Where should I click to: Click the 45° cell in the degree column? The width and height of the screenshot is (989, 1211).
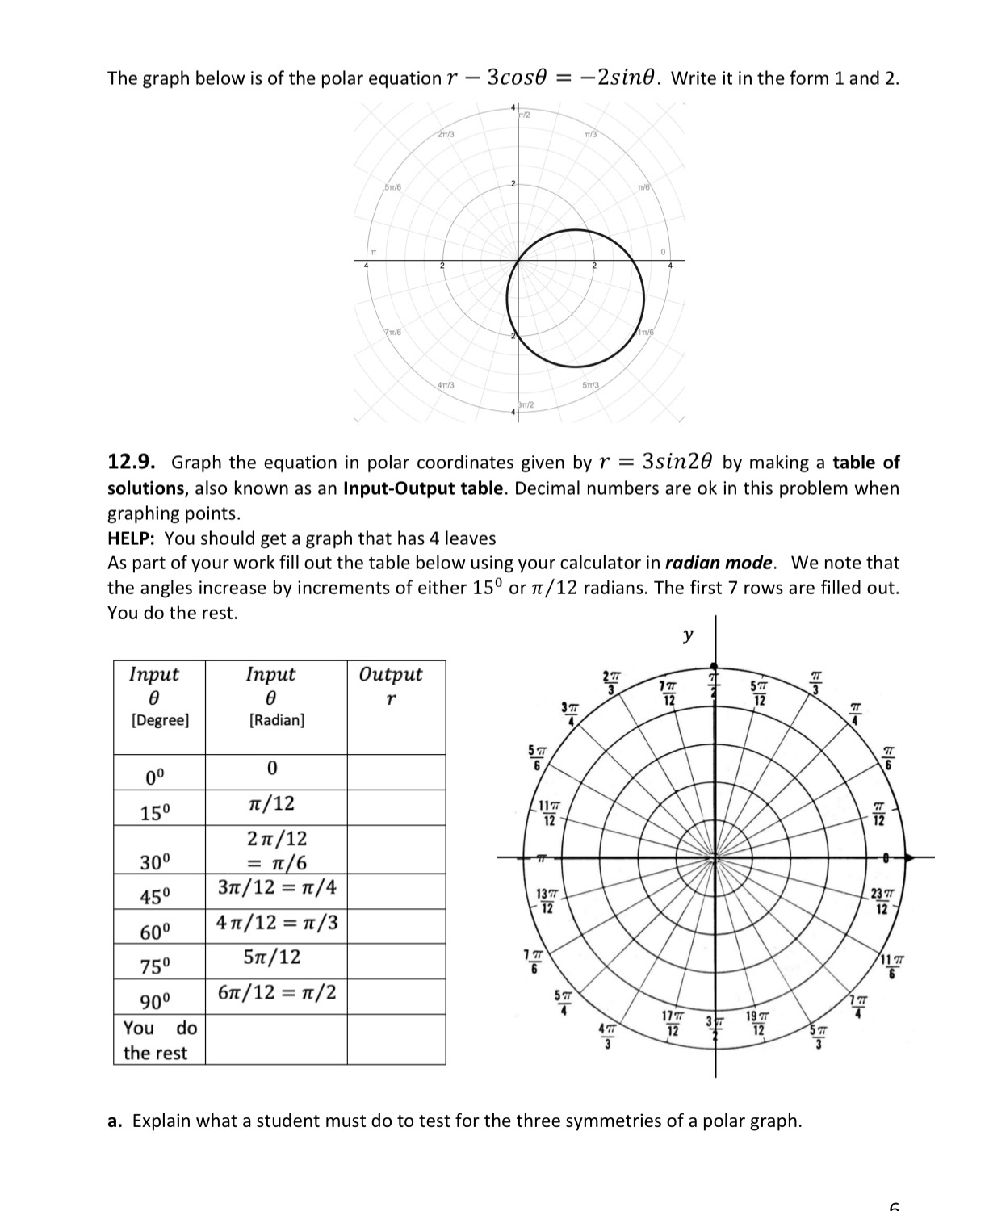(x=156, y=897)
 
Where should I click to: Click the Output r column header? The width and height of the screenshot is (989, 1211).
(x=391, y=685)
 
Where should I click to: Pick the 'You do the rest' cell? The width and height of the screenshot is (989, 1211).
(x=159, y=1040)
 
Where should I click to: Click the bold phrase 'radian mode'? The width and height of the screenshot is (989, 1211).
(x=719, y=563)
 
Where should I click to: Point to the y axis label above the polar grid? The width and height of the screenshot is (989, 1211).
(x=687, y=635)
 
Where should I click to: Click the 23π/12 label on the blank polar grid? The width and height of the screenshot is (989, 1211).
(x=882, y=902)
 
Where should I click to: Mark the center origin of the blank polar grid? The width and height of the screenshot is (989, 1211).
(x=714, y=857)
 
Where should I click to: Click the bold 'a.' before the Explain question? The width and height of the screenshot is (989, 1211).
(x=115, y=1121)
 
